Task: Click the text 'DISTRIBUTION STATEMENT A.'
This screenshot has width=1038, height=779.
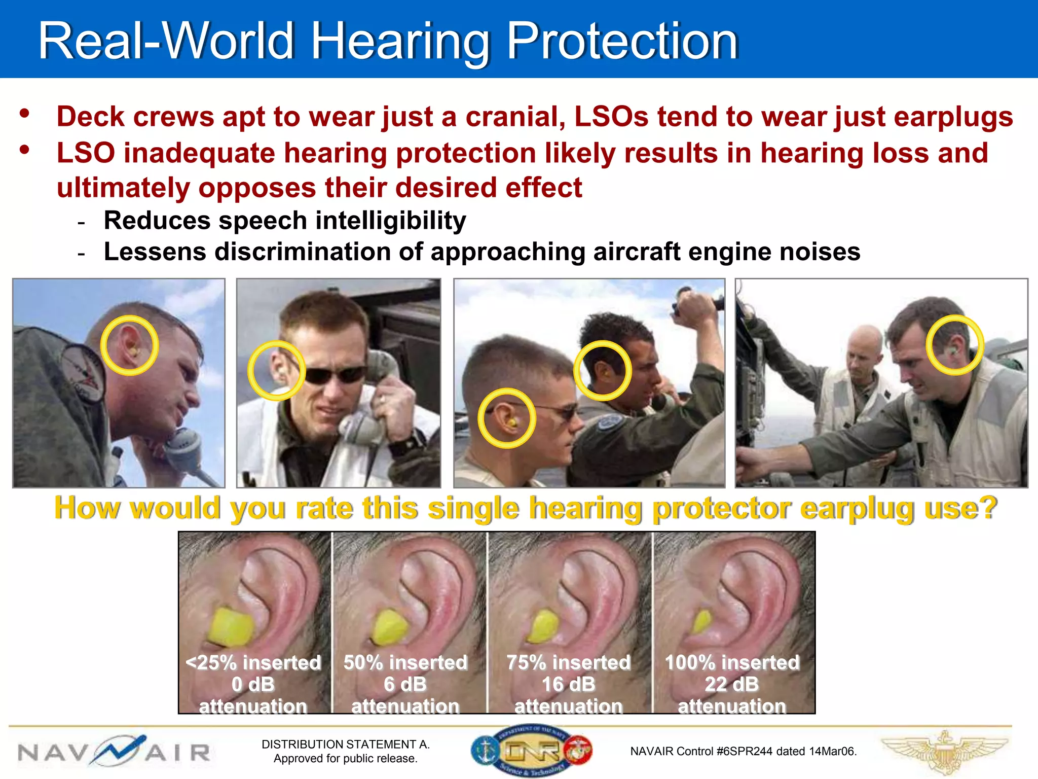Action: (x=345, y=744)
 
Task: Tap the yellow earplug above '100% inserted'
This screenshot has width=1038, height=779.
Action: (x=702, y=622)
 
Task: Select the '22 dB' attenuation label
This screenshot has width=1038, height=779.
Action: (x=731, y=684)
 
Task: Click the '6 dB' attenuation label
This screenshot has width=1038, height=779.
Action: (x=405, y=684)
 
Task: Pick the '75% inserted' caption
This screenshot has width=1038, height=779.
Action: (x=568, y=662)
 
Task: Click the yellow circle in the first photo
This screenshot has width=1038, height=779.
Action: (x=130, y=345)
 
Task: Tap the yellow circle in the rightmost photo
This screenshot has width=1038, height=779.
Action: (x=955, y=345)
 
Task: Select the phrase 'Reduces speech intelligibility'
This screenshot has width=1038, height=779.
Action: (x=284, y=221)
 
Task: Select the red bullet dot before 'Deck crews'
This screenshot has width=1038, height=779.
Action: (x=24, y=113)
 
